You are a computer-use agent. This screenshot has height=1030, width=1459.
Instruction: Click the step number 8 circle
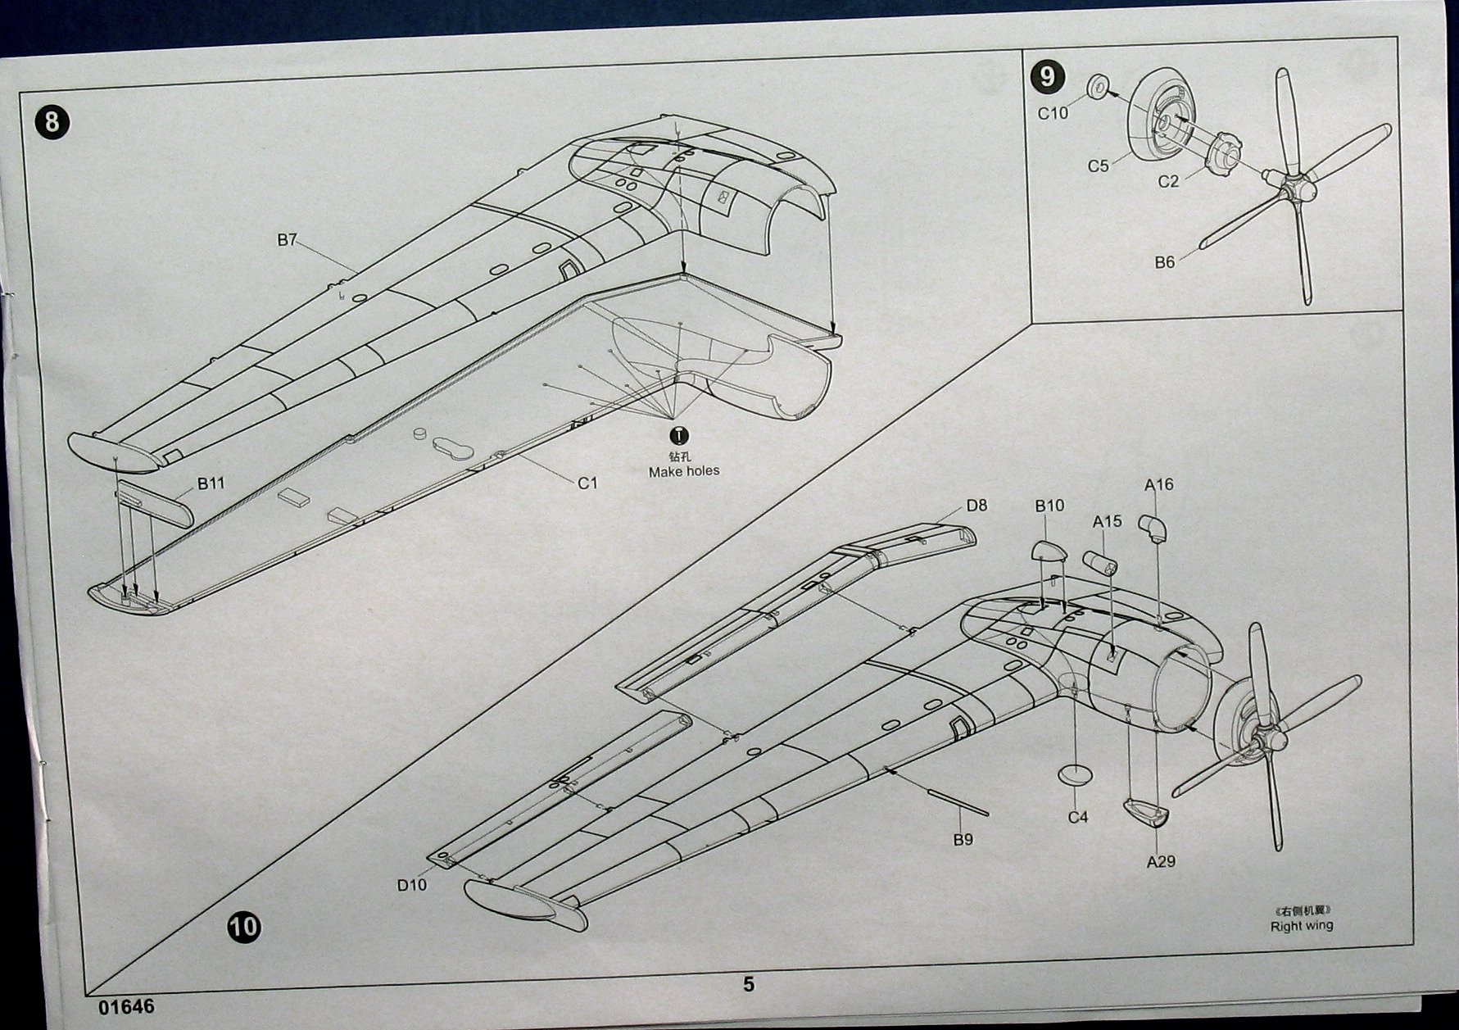[x=52, y=122]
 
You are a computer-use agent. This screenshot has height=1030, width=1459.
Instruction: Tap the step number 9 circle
[x=1047, y=76]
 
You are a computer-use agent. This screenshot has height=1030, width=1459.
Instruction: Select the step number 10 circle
[x=243, y=927]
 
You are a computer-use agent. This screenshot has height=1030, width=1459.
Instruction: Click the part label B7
[x=287, y=240]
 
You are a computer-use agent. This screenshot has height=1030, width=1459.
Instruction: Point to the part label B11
[x=211, y=483]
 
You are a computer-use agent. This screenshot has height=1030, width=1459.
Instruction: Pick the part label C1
[x=587, y=483]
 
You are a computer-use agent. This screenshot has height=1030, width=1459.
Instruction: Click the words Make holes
[x=683, y=471]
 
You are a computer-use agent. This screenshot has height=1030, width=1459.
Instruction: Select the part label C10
[x=1053, y=113]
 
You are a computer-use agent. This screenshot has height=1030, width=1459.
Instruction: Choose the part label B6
[x=1164, y=262]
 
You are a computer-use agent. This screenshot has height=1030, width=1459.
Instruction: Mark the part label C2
[x=1168, y=181]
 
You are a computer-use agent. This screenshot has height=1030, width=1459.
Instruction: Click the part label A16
[x=1158, y=484]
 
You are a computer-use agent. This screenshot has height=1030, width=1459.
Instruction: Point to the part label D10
[x=412, y=885]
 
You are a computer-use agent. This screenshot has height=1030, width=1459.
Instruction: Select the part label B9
[x=963, y=840]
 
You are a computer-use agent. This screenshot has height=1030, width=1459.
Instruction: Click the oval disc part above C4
[x=1076, y=774]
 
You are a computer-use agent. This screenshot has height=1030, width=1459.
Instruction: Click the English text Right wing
[x=1301, y=926]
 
